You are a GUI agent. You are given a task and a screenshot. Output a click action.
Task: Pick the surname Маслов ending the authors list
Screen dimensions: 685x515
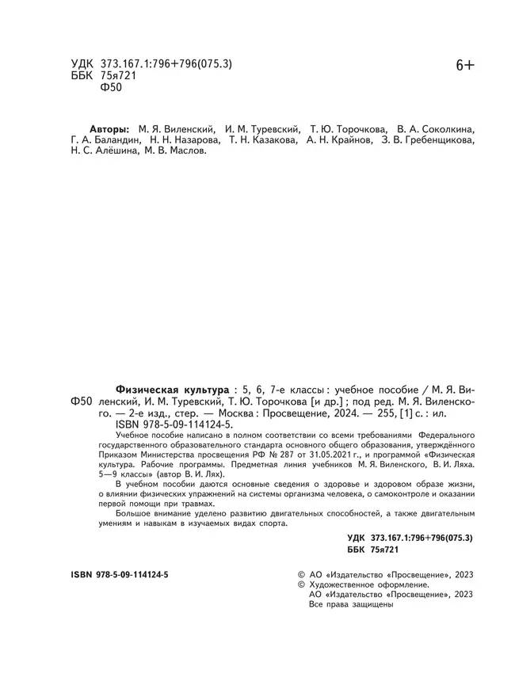(x=185, y=155)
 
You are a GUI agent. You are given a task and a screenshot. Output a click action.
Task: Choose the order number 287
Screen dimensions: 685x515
(x=303, y=456)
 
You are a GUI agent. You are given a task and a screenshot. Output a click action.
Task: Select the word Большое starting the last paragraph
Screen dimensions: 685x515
(x=135, y=514)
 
